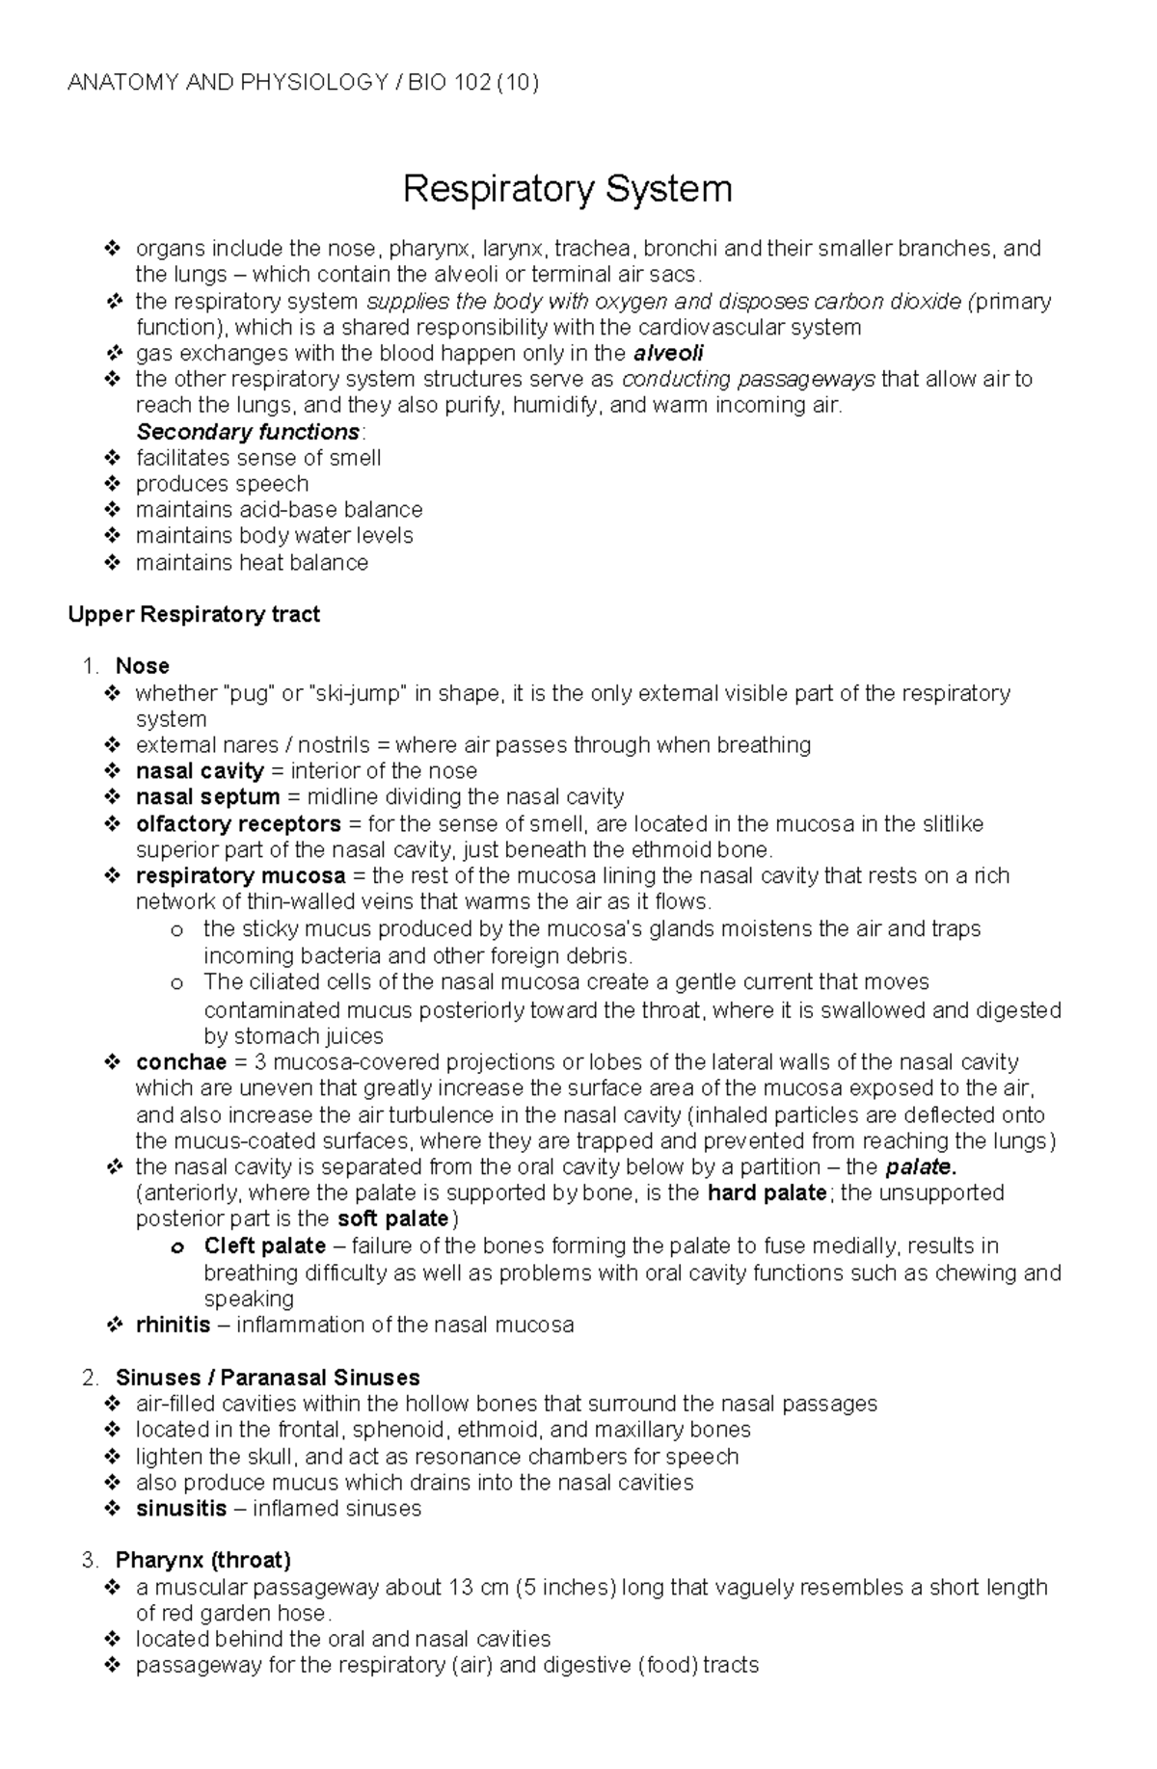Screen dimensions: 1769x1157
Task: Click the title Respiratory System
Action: (x=567, y=189)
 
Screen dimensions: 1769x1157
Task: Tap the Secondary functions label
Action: (x=248, y=431)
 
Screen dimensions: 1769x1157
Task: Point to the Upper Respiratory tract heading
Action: (x=194, y=614)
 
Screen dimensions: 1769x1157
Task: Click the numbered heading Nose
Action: (x=142, y=666)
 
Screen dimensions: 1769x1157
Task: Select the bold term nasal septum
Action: (x=207, y=797)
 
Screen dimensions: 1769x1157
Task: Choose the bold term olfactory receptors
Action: (x=238, y=824)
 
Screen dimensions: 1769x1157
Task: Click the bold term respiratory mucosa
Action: (x=240, y=876)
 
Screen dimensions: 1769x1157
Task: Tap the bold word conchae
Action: (x=181, y=1062)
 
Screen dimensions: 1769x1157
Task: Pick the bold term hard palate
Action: (x=767, y=1193)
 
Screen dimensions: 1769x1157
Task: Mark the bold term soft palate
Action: (x=392, y=1220)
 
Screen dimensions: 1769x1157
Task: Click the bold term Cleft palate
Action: (x=264, y=1246)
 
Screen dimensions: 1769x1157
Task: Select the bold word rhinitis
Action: (x=173, y=1325)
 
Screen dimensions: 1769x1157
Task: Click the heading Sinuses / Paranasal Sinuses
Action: (x=267, y=1378)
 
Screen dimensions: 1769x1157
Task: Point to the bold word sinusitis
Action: (x=181, y=1509)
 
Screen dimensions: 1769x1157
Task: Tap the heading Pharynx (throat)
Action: (x=202, y=1561)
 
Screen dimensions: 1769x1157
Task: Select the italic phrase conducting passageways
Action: (x=749, y=379)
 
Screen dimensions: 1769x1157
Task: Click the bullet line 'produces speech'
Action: (x=222, y=484)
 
